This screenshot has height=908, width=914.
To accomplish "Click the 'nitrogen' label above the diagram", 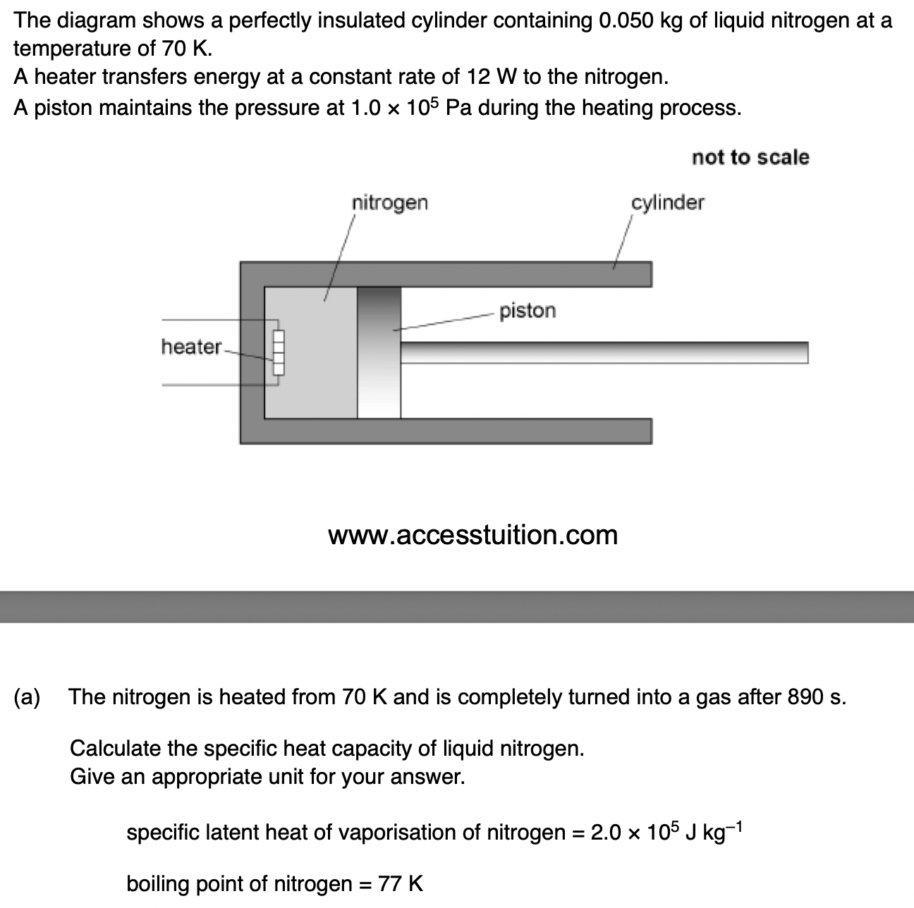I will [389, 203].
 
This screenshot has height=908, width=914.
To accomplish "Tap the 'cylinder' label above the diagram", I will [667, 203].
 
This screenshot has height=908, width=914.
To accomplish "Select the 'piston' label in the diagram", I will [527, 311].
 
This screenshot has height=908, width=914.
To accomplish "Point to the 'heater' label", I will [190, 347].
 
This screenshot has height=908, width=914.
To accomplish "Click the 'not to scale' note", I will [750, 157].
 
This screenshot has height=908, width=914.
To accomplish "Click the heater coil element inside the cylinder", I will [278, 353].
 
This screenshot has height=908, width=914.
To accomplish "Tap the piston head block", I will [379, 352].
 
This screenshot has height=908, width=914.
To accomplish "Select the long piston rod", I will [603, 352].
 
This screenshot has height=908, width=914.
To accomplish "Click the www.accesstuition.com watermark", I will [473, 535].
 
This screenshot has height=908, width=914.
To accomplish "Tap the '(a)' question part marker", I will [28, 697].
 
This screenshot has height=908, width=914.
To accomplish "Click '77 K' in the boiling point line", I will [401, 883].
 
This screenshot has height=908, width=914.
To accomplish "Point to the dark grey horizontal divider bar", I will [457, 606].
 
